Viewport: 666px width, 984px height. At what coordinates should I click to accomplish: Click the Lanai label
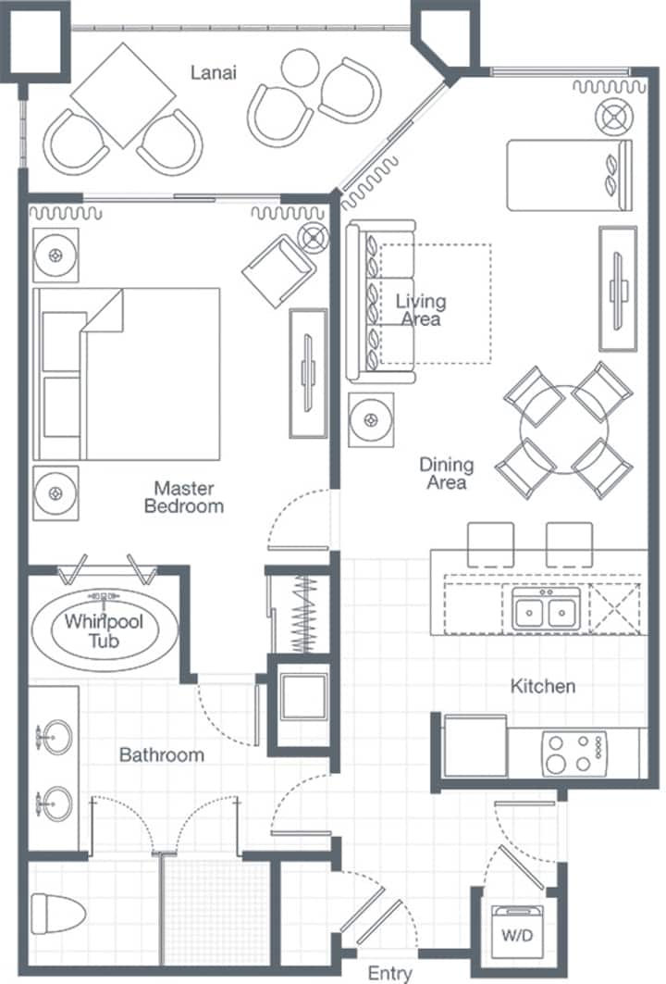click(214, 72)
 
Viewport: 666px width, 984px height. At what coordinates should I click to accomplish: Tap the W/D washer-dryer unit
click(517, 931)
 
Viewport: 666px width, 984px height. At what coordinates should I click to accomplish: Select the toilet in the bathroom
click(57, 913)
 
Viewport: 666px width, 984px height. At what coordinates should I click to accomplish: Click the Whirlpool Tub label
click(105, 630)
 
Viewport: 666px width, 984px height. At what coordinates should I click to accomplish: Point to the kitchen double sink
click(543, 609)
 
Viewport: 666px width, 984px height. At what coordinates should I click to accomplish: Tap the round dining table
click(563, 430)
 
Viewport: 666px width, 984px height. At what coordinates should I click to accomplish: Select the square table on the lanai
click(123, 95)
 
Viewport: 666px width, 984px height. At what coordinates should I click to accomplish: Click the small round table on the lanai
click(300, 68)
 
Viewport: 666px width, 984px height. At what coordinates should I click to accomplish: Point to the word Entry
click(389, 973)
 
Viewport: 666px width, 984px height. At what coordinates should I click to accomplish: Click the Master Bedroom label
click(184, 497)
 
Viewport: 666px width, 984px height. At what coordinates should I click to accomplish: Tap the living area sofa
click(381, 301)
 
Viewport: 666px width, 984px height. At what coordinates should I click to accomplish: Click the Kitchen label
click(543, 686)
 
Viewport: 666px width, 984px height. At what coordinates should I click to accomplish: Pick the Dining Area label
click(446, 473)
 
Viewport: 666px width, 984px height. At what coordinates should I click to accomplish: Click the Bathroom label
click(162, 754)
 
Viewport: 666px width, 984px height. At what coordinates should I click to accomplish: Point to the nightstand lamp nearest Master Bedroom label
click(55, 493)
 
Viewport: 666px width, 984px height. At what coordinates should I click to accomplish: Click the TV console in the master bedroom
click(308, 373)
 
